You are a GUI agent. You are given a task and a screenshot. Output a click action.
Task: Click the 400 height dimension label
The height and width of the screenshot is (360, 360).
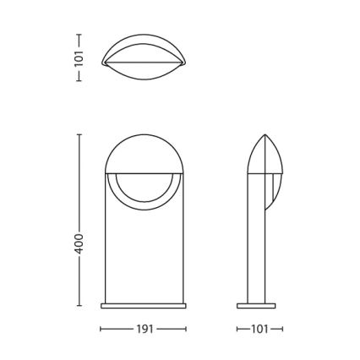[x=79, y=243]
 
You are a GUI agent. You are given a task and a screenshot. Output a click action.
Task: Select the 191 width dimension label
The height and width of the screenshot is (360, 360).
[x=145, y=329]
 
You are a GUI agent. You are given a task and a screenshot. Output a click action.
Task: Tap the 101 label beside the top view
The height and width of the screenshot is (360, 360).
[x=79, y=58]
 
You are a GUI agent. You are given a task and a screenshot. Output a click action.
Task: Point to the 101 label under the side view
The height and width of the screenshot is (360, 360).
[x=259, y=329]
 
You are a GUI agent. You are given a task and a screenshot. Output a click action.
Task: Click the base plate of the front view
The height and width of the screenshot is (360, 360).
[x=144, y=306]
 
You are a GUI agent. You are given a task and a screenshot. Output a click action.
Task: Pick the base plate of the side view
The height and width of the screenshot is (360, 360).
[x=256, y=306]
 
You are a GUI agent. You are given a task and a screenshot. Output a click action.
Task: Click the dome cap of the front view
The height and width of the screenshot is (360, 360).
[x=145, y=155]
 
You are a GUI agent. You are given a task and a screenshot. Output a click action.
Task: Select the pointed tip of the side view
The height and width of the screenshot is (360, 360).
[x=265, y=134]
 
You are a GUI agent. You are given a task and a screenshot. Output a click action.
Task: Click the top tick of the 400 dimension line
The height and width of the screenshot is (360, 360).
[x=79, y=134]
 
